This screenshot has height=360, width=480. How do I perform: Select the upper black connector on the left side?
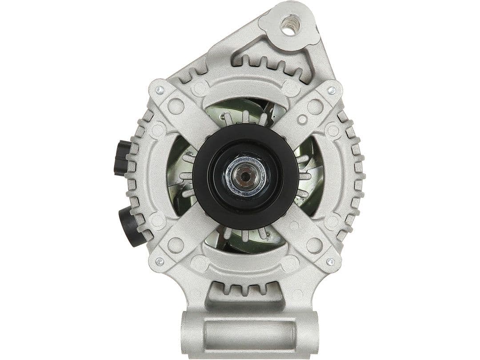(x=122, y=158)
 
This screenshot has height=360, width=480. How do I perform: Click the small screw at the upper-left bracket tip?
(x=160, y=90)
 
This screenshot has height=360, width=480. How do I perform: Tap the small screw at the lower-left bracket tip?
(x=160, y=261)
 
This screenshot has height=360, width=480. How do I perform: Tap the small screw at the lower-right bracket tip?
(x=330, y=261)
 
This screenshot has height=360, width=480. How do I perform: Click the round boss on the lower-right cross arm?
(x=314, y=245)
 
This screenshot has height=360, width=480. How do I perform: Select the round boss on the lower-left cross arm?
(x=176, y=245)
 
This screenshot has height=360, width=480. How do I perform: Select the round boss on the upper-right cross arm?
(x=315, y=106)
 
